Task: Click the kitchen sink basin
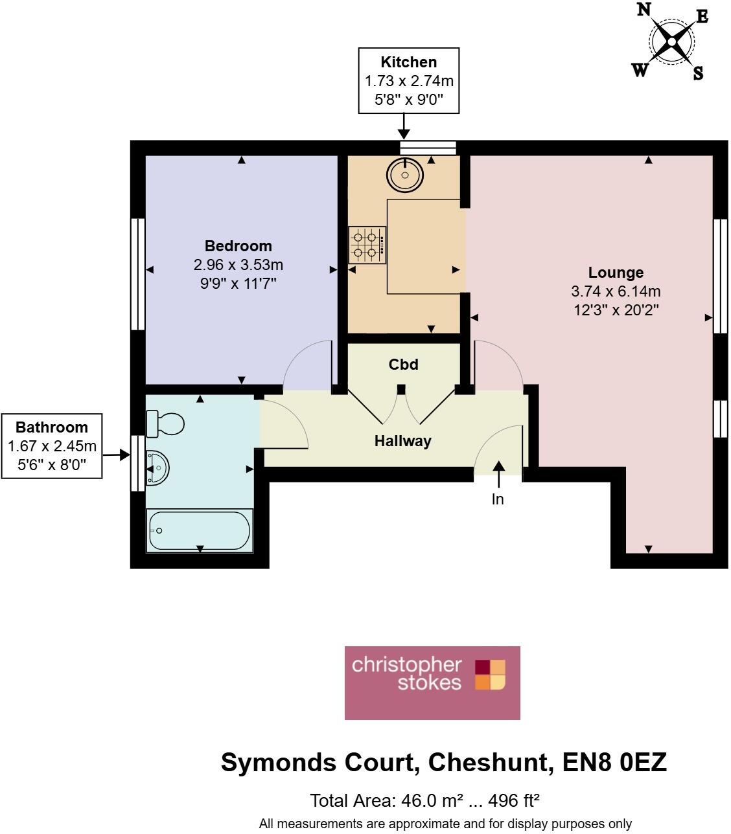[x=405, y=174]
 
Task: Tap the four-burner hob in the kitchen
[x=367, y=245]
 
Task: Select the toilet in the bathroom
[x=167, y=424]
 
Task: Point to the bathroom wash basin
[x=158, y=467]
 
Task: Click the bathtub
[x=199, y=530]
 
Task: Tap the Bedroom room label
[x=238, y=246]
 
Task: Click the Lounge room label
[x=616, y=273]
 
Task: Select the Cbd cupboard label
[x=403, y=365]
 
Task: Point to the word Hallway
[x=402, y=441]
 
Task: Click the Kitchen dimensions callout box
[x=409, y=81]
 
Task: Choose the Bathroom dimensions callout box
[x=52, y=445]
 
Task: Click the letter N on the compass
[x=644, y=10]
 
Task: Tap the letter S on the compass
[x=697, y=73]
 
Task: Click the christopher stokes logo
[x=432, y=682]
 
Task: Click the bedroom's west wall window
[x=137, y=275]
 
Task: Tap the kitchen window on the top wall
[x=428, y=148]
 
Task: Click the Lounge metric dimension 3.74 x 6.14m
[x=616, y=291]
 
